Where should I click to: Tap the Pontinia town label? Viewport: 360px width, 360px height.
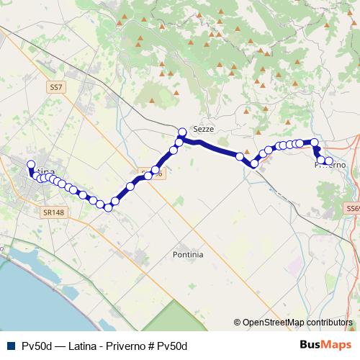pos(188,254)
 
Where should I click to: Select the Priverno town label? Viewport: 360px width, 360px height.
pos(330,165)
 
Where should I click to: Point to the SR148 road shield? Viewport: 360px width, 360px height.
pos(53,213)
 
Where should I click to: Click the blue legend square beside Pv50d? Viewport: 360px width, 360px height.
pos(10,346)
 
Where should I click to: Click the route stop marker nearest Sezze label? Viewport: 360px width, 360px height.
pos(182,132)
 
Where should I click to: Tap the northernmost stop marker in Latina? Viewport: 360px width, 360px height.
pos(31,164)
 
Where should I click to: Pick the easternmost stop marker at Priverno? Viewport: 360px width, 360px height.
pos(329,161)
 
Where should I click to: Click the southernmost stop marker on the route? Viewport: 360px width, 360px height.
pos(108,207)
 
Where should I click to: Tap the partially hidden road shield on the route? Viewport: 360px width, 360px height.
pos(153,174)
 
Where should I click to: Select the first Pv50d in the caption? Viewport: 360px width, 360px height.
pos(36,346)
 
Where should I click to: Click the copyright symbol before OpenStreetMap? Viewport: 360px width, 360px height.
pos(237,323)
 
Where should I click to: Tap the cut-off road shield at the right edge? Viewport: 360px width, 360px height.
pos(353,208)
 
